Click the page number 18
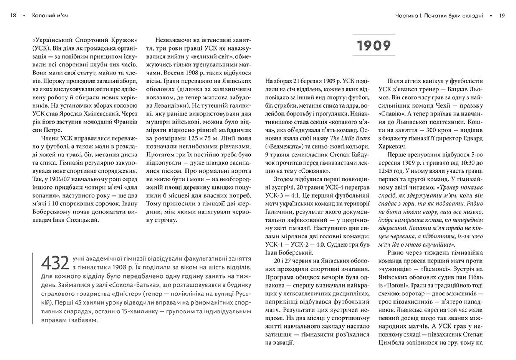point(13,16)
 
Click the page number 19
point(502,16)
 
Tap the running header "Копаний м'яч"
point(50,16)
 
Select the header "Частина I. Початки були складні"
point(439,16)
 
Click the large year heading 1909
point(374,45)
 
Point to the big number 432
point(55,263)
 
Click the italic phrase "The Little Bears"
point(350,138)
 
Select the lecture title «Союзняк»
point(314,171)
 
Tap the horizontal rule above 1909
point(374,34)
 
